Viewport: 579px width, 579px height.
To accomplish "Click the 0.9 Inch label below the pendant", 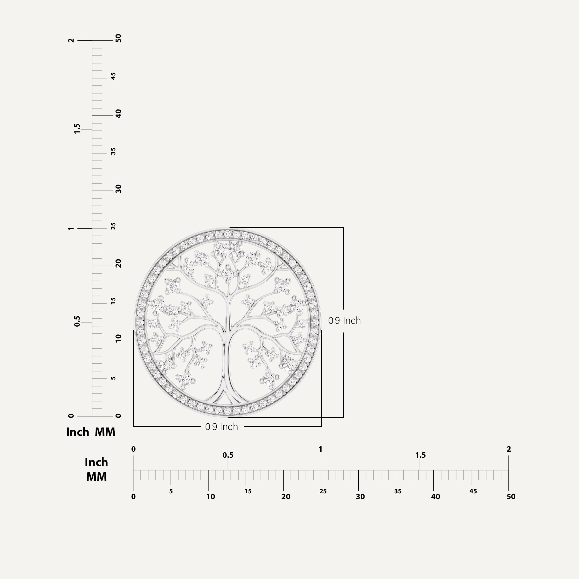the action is [x=221, y=427].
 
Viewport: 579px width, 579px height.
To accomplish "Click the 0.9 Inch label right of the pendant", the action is [x=344, y=320].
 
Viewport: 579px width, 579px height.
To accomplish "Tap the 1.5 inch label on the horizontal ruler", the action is [x=420, y=455].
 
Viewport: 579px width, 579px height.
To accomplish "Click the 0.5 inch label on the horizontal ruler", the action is [x=228, y=455].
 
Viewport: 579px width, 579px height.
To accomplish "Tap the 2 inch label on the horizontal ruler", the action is [x=509, y=449].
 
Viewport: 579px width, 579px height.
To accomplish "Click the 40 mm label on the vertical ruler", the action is [x=119, y=114].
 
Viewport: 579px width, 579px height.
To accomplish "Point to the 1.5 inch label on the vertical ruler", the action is [x=77, y=129].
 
